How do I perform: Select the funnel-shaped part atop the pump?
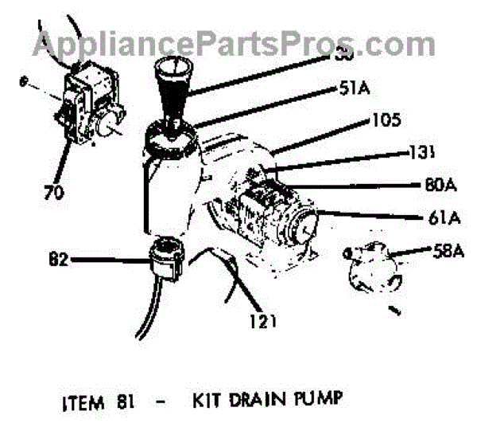tap(172, 92)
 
